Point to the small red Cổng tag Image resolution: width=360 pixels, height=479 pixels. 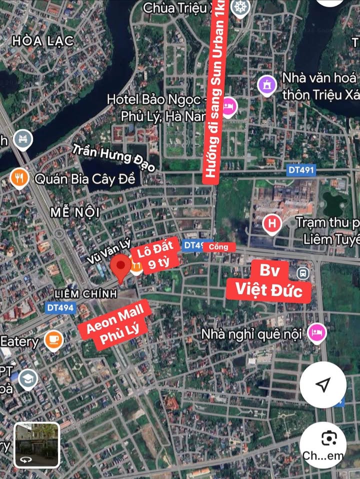click(x=218, y=246)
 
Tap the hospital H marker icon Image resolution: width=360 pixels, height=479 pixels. click(x=272, y=223)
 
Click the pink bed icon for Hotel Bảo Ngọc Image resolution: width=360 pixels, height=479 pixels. click(x=228, y=106)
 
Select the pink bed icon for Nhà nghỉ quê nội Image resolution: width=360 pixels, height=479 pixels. click(x=316, y=333)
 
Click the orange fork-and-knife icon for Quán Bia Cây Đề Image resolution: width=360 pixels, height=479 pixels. click(x=19, y=177)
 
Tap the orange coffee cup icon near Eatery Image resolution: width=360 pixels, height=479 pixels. click(x=53, y=341)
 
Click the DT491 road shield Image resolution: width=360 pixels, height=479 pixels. click(x=301, y=170)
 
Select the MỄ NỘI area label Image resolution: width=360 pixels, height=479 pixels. click(x=75, y=212)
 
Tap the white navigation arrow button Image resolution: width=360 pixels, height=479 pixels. click(x=323, y=384)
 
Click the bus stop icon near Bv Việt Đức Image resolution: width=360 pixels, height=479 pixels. click(x=302, y=273)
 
